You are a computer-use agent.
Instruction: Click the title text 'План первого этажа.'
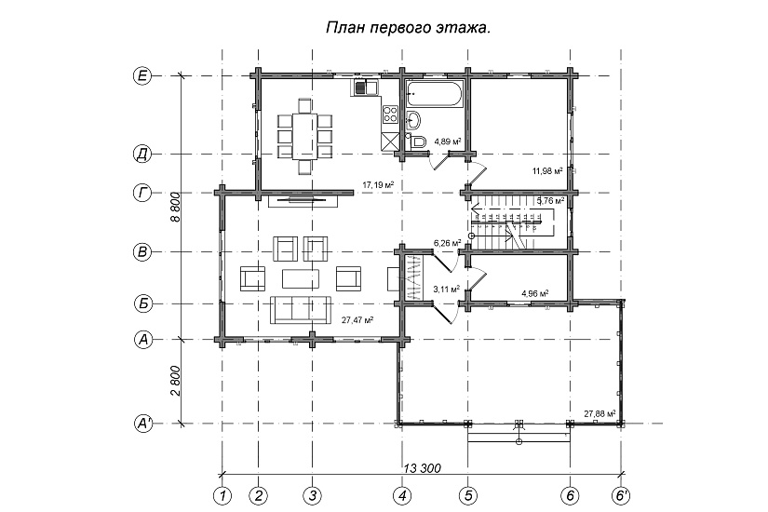(408, 29)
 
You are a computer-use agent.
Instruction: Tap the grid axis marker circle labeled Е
(142, 77)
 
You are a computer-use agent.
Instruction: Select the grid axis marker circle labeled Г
(142, 194)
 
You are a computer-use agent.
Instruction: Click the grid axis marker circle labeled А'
(142, 424)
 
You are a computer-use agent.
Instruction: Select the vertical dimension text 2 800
(175, 381)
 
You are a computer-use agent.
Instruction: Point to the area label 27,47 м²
(357, 319)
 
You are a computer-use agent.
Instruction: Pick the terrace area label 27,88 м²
(600, 412)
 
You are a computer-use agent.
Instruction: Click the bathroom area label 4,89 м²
(449, 141)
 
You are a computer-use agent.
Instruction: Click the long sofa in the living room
(300, 309)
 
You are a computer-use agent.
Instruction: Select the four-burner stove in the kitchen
(389, 116)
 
